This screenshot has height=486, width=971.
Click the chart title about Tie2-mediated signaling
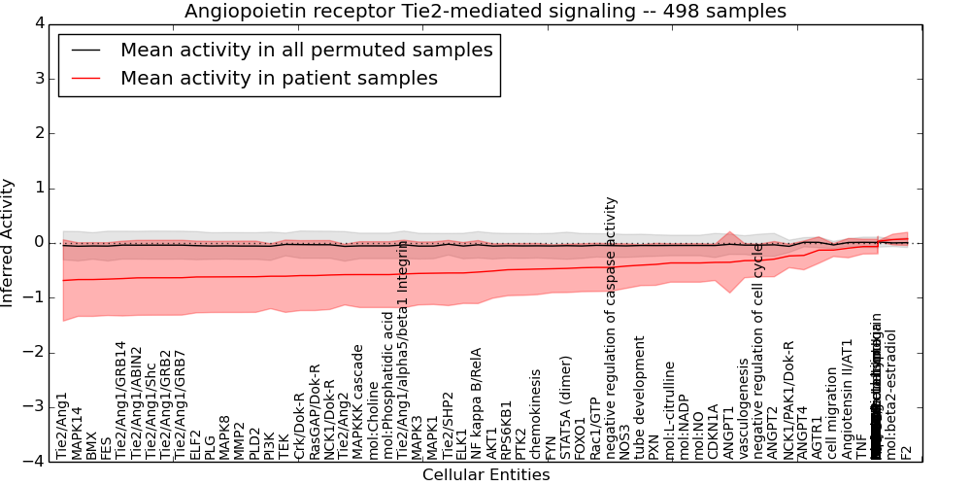click(x=485, y=12)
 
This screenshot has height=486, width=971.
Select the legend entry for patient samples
click(x=279, y=78)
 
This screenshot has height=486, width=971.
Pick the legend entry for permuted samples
click(x=306, y=50)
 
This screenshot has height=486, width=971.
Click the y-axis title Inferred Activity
click(x=9, y=242)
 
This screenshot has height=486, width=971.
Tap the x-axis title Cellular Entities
click(x=485, y=475)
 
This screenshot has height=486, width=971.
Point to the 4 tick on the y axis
click(x=36, y=23)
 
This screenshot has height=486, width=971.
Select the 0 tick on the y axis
click(x=36, y=242)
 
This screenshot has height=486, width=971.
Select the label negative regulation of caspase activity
click(x=611, y=328)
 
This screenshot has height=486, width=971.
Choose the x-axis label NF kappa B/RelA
click(x=477, y=403)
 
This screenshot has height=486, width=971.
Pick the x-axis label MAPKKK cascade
click(x=357, y=401)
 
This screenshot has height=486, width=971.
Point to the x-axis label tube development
click(x=640, y=398)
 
